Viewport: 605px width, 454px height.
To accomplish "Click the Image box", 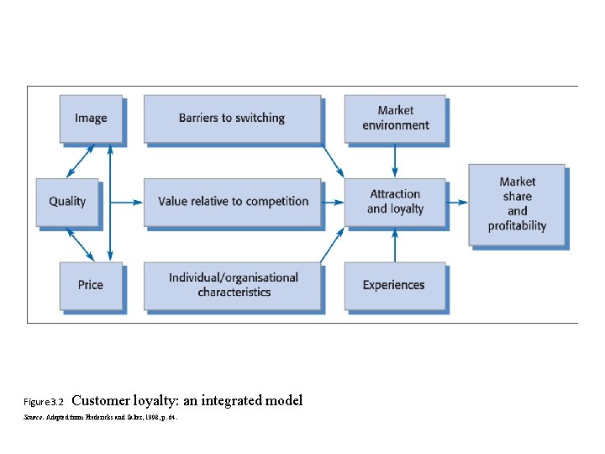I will (x=91, y=119).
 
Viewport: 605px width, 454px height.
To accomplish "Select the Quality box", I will (x=67, y=202).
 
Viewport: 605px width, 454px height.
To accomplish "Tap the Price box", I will (x=91, y=285).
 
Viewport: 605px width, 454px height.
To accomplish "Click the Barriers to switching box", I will (x=232, y=119).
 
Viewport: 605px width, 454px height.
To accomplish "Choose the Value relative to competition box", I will (x=233, y=202).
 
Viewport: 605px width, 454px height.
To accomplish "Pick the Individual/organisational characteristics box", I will (x=233, y=285).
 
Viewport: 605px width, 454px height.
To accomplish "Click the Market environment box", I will (x=395, y=119).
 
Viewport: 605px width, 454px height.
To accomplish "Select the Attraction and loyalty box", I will (x=395, y=202).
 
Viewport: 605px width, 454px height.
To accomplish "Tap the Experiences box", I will (x=394, y=285).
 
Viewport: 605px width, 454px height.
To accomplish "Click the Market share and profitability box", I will (x=517, y=203).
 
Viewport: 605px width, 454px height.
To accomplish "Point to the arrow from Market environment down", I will (x=395, y=160).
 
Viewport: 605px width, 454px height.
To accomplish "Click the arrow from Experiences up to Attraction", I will (x=395, y=245).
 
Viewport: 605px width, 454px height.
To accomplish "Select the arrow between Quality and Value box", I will (x=126, y=202).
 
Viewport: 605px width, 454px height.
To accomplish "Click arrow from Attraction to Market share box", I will (x=456, y=202).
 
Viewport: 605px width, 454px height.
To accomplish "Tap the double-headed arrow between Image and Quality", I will (x=80, y=160).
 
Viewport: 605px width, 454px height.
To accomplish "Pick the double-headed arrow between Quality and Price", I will (x=81, y=244).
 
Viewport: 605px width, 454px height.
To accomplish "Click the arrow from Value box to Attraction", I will (x=333, y=202).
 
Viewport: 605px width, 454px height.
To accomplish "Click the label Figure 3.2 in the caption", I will (x=45, y=402).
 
